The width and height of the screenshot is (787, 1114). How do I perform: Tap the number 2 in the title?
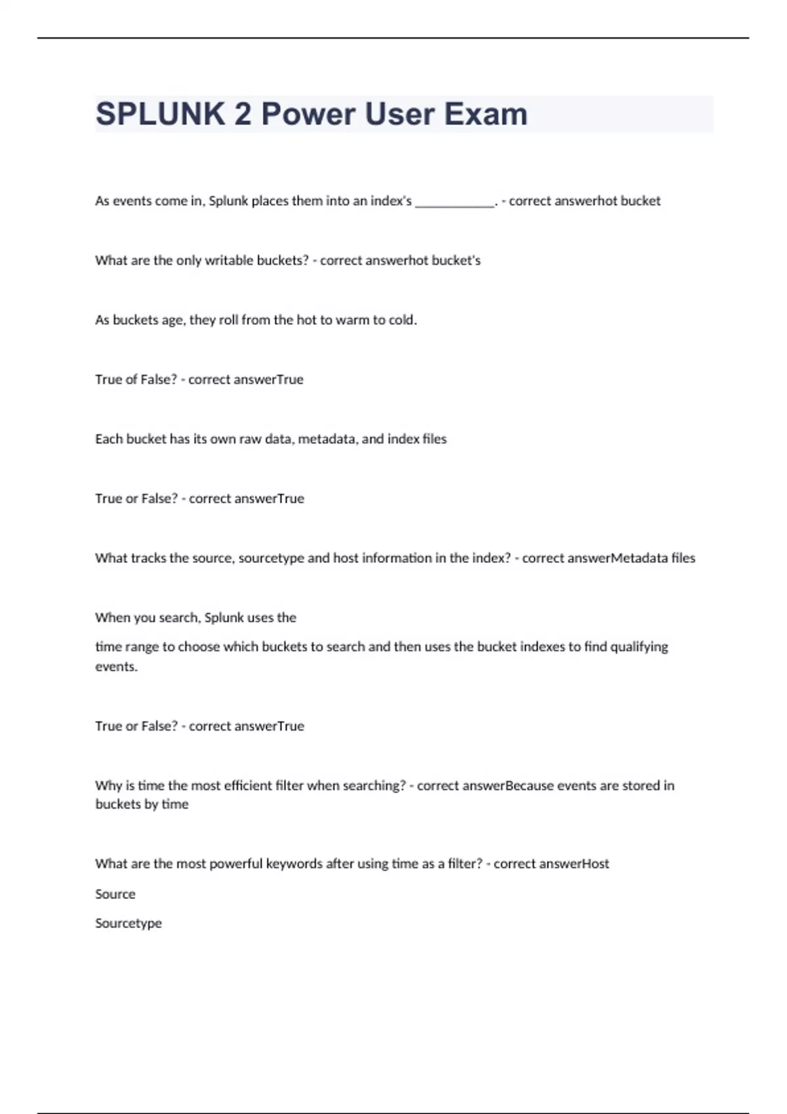click(x=242, y=115)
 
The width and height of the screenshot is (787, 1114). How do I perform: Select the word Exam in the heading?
click(x=485, y=115)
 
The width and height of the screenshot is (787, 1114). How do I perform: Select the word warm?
click(x=353, y=320)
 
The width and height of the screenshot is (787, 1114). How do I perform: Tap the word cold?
click(x=402, y=320)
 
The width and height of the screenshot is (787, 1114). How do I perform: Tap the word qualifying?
click(x=639, y=647)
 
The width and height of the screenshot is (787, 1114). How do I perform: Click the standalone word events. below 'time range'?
click(x=116, y=667)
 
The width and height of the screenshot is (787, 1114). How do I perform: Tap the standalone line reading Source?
click(x=115, y=894)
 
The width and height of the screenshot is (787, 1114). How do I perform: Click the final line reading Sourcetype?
click(x=129, y=923)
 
